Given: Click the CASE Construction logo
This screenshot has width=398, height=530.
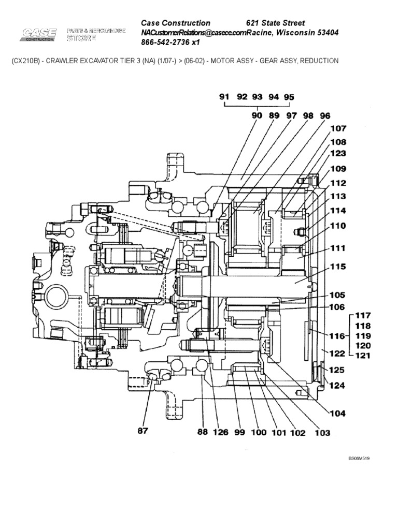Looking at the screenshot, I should click(x=39, y=35).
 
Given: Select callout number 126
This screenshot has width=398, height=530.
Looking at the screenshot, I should click(x=221, y=432).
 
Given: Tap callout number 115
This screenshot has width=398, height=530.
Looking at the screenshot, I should click(x=337, y=267).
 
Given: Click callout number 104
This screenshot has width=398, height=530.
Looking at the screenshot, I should click(x=337, y=413).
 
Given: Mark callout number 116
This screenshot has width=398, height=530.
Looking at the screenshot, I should click(x=336, y=336).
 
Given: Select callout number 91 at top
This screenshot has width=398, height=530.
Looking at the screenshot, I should click(x=224, y=97).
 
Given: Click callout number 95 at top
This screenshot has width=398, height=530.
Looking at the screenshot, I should click(x=289, y=97).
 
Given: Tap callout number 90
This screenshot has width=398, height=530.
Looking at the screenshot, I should click(x=257, y=116).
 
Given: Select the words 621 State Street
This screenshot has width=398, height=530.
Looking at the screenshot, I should click(x=275, y=23).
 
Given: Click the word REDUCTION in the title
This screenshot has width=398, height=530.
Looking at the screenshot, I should click(x=319, y=61).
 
